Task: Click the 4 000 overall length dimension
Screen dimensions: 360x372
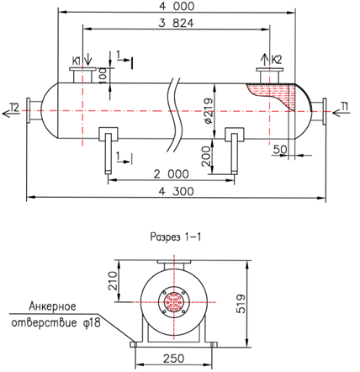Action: coord(177,6)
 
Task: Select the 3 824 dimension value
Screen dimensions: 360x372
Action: coord(176,23)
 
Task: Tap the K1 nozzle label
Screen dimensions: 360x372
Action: coord(77,61)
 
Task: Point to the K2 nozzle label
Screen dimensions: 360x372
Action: coord(277,60)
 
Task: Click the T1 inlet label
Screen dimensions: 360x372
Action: coord(345,106)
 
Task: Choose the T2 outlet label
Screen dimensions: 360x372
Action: coord(14,107)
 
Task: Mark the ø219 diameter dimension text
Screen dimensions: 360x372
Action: coord(209,111)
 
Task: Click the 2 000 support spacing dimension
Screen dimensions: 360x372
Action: coord(172,174)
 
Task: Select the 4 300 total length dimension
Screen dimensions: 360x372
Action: coord(176,191)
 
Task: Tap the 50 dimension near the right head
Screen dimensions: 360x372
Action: coord(280,149)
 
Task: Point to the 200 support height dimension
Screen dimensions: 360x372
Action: coord(206,156)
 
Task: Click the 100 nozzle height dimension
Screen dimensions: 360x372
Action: coord(103,75)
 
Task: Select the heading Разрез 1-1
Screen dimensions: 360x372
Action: coord(176,237)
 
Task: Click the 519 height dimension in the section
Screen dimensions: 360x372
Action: coord(241,304)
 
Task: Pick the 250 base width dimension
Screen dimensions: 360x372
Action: coord(174,359)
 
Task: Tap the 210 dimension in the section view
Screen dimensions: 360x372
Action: coord(113,281)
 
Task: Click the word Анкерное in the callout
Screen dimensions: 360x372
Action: coord(52,306)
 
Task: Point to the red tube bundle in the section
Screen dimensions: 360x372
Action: coord(174,302)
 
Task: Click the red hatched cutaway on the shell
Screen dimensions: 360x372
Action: coord(276,93)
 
